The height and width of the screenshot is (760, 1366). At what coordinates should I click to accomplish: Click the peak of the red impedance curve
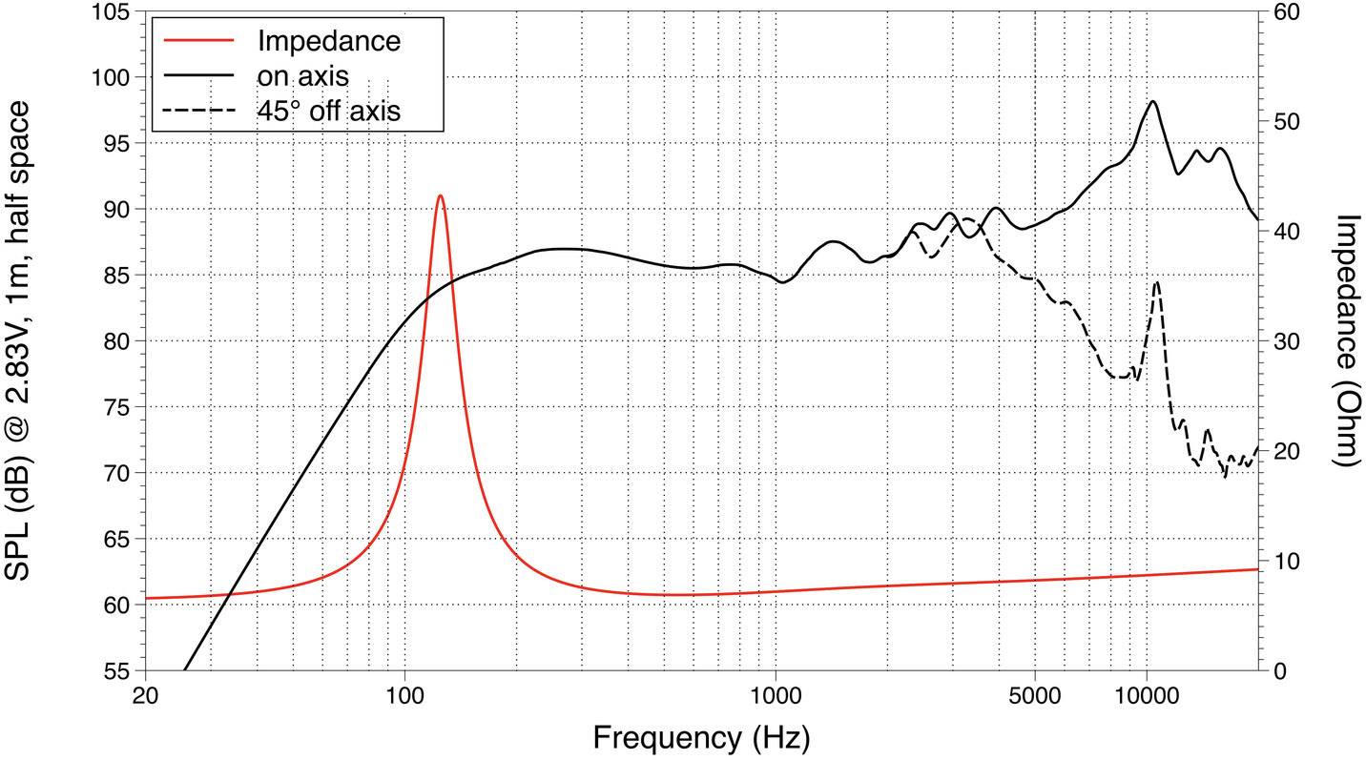tap(440, 195)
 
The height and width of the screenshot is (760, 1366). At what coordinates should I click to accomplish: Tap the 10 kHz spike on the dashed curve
tap(1157, 282)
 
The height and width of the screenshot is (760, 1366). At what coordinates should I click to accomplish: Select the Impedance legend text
tap(328, 41)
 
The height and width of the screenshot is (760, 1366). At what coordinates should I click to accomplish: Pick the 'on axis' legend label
tap(302, 76)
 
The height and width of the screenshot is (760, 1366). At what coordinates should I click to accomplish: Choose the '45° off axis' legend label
tap(328, 111)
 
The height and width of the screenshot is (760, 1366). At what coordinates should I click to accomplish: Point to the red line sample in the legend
tap(198, 41)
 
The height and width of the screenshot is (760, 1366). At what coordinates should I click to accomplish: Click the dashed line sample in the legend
tap(198, 111)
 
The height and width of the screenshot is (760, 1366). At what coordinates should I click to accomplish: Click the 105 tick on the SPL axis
tap(114, 12)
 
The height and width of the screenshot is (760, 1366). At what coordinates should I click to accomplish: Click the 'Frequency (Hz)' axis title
tap(701, 737)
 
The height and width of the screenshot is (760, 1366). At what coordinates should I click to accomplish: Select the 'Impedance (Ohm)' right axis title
tap(1345, 339)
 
